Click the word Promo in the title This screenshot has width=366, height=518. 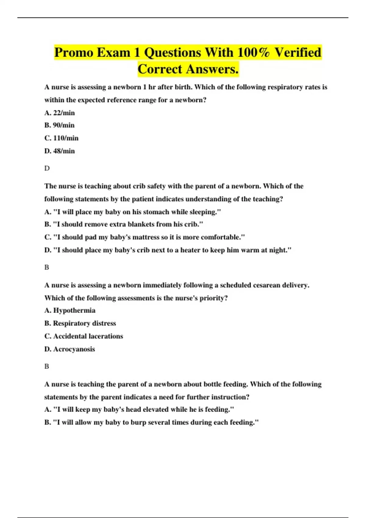74,52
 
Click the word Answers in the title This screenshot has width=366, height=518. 212,69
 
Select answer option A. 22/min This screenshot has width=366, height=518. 59,113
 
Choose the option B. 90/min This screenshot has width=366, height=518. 59,125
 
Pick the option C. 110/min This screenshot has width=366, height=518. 61,138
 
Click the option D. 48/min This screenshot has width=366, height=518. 59,151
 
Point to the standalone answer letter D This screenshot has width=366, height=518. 47,168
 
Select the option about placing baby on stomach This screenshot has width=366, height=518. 132,212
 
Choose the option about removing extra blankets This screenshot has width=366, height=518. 124,224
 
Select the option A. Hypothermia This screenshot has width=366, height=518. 70,310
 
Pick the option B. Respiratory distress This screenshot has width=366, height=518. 80,323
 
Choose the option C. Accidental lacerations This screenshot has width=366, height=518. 84,336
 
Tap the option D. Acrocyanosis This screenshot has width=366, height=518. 70,349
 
